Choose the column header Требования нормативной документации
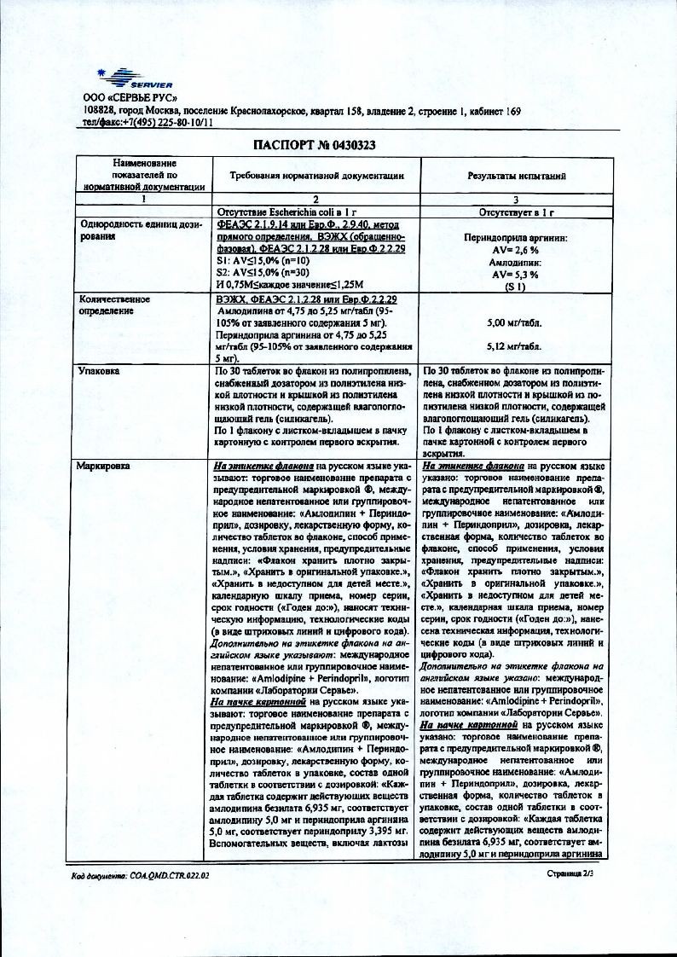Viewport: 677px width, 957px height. [316, 175]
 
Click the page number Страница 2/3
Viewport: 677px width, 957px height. [575, 874]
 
